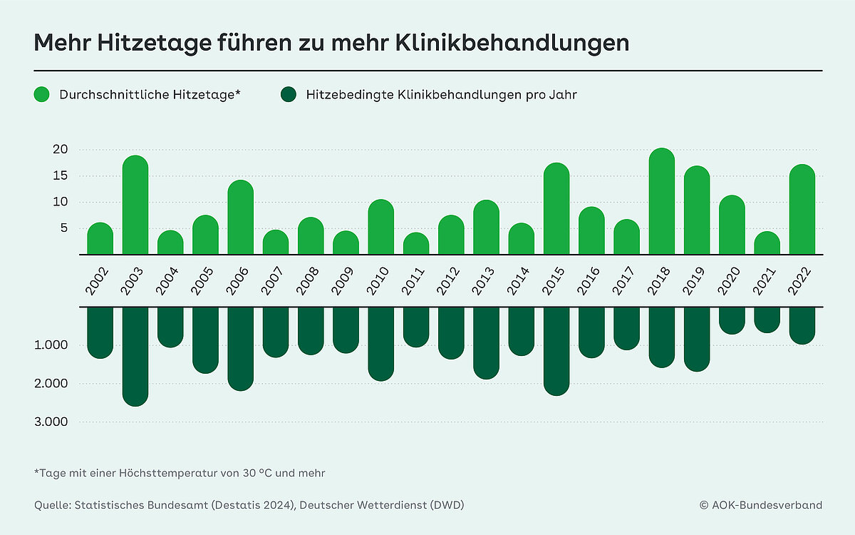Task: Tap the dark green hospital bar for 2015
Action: [556, 350]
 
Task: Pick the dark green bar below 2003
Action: [135, 356]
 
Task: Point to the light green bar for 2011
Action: [416, 243]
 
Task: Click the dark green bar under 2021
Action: [767, 320]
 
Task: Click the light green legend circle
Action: [42, 94]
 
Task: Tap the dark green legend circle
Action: [289, 94]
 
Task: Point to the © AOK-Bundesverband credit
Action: [760, 505]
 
